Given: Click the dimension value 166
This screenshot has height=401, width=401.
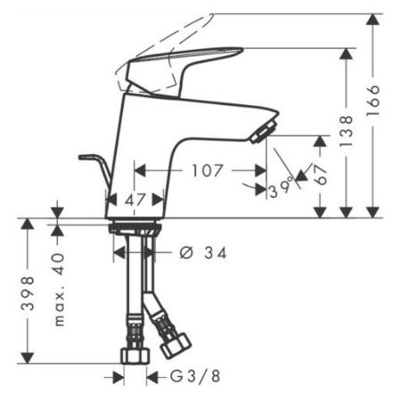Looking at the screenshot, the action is click(x=373, y=101).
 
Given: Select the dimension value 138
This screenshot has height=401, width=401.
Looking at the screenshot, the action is click(x=347, y=131).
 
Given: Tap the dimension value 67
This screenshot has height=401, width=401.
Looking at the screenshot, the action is click(x=322, y=175).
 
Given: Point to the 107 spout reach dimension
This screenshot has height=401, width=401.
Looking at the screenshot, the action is click(x=208, y=170).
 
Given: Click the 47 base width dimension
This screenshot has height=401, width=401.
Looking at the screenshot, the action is click(x=135, y=200).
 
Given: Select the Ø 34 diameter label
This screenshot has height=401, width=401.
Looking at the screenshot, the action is click(x=203, y=253).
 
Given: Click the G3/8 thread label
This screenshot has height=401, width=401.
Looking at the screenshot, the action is click(x=195, y=376).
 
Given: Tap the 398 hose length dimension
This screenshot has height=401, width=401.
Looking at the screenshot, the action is click(x=28, y=293).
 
